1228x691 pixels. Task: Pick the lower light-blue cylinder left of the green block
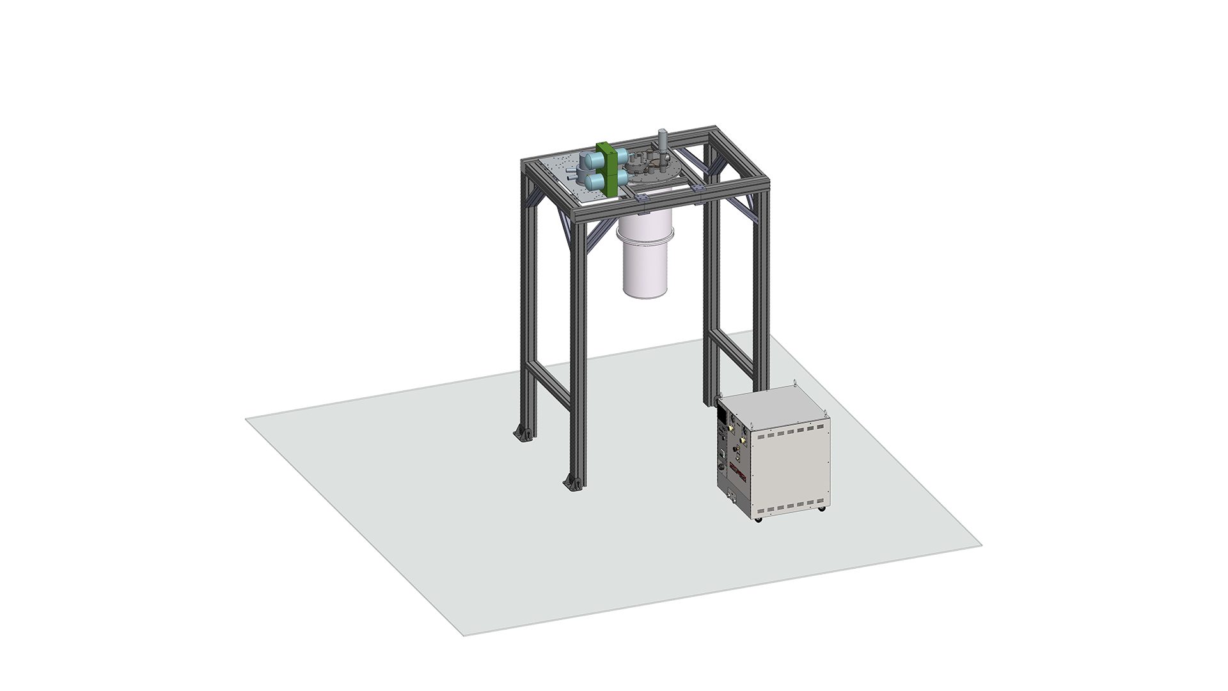tap(148, 182)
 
